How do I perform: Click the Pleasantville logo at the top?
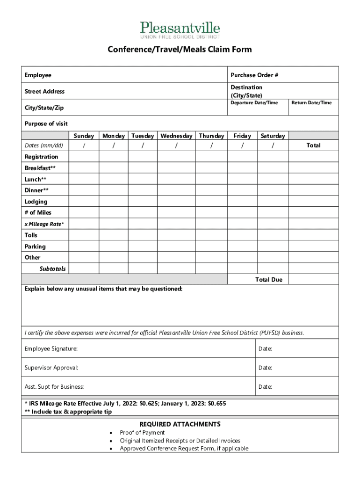click(x=180, y=29)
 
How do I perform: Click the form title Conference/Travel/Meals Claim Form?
click(x=180, y=49)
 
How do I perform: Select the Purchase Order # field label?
click(x=255, y=75)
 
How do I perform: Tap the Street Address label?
click(x=45, y=91)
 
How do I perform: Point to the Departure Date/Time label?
click(x=254, y=102)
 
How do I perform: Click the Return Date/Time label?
click(x=311, y=102)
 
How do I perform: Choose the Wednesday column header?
click(x=176, y=136)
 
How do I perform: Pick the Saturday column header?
click(x=273, y=136)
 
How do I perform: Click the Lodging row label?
click(x=36, y=202)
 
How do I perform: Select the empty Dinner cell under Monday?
click(x=113, y=190)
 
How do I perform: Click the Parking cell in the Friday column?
click(x=242, y=246)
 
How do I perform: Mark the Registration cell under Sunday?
click(x=84, y=157)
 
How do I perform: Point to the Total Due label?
click(x=269, y=279)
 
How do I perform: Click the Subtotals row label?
click(x=52, y=269)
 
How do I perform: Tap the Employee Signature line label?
click(x=51, y=349)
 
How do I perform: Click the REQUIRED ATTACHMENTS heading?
click(x=180, y=424)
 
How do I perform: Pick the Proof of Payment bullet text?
click(x=142, y=433)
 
